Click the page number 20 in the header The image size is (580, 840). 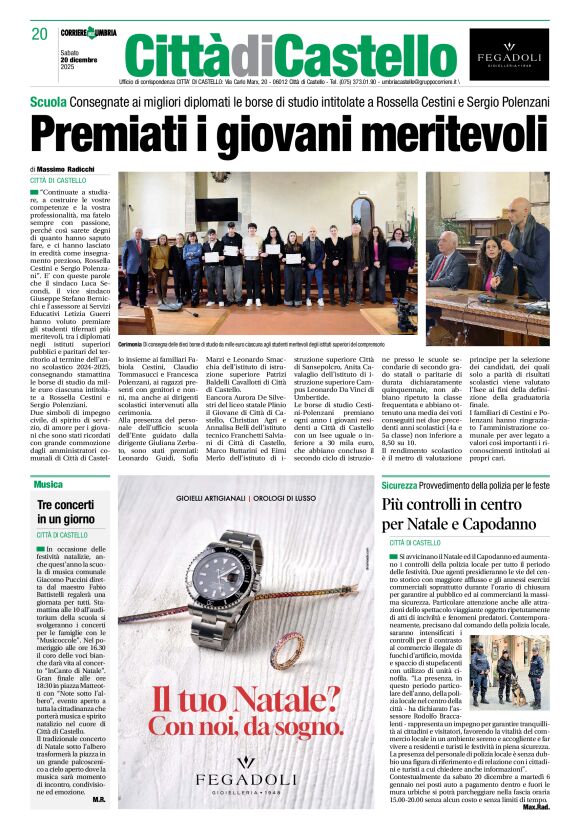39,34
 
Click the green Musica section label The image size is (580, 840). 48,484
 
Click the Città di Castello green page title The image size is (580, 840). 277,55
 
